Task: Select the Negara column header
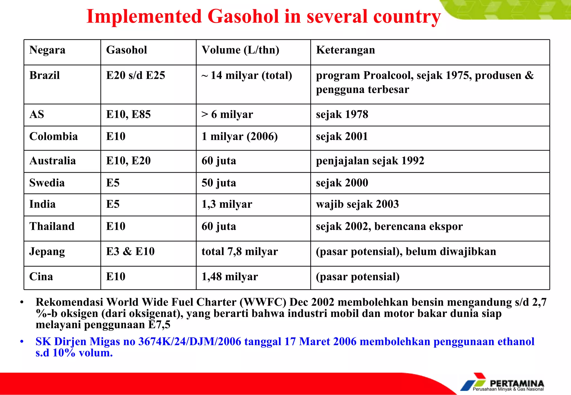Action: tap(47, 50)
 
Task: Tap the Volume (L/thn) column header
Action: tap(240, 50)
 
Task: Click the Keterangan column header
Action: tap(345, 50)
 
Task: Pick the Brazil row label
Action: tap(45, 75)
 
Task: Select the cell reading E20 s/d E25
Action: tap(136, 75)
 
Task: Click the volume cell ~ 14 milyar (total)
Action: tap(247, 75)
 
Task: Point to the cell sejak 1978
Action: tap(342, 114)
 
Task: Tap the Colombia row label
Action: tap(54, 136)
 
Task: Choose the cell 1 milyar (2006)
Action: tap(239, 136)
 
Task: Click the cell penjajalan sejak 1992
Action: tap(370, 161)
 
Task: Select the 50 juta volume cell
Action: tap(219, 183)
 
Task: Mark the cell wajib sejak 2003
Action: tap(357, 204)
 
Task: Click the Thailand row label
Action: tap(52, 226)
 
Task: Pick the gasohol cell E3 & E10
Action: tap(130, 251)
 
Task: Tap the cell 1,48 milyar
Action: tap(230, 277)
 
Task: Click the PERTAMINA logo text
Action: tap(517, 383)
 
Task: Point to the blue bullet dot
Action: tap(22, 342)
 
